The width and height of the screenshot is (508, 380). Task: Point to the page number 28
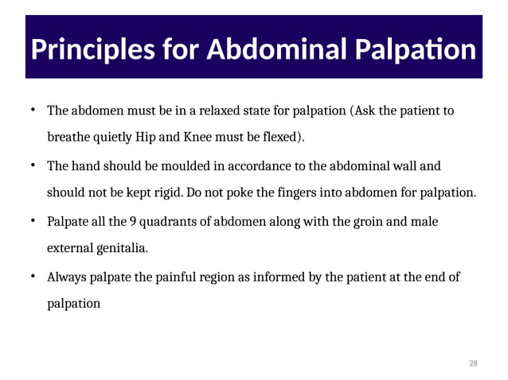(x=474, y=363)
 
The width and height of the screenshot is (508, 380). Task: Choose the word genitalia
(x=120, y=248)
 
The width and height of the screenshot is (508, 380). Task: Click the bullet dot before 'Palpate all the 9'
(x=33, y=220)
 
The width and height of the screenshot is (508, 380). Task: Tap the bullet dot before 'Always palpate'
(x=33, y=276)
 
